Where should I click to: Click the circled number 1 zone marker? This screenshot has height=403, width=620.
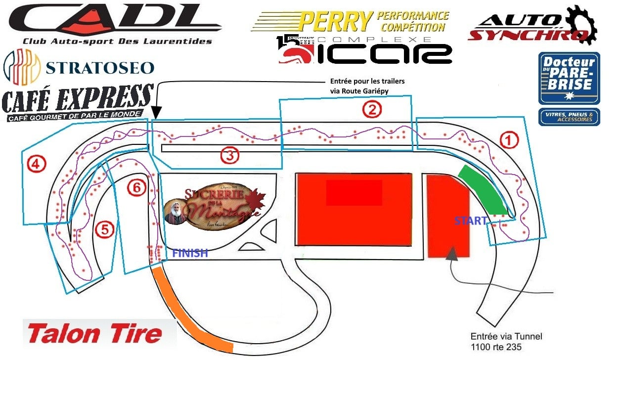point(509,140)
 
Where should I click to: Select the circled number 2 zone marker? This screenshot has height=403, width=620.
point(372,109)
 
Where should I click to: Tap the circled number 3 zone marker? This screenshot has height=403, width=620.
point(229,156)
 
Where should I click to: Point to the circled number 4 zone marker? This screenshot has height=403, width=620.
point(36,164)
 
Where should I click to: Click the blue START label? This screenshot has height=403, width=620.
point(471,221)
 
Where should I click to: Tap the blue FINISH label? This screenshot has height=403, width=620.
point(190,253)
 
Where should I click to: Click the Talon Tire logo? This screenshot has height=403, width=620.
point(95,334)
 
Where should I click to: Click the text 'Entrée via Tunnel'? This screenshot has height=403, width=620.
point(506,337)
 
